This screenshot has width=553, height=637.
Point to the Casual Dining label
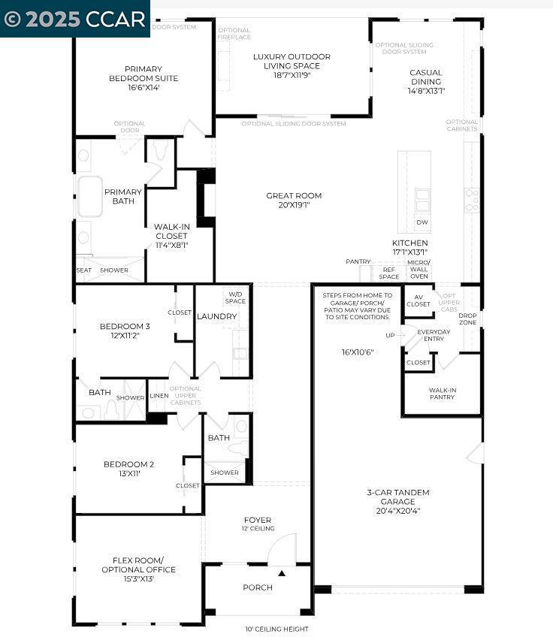[426, 77]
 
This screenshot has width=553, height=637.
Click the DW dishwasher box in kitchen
[422, 222]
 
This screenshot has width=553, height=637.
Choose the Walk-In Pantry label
[442, 393]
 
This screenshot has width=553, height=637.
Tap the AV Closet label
[419, 300]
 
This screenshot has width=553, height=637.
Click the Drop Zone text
[467, 318]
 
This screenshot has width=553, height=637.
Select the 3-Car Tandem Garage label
[398, 501]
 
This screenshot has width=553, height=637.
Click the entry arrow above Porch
[283, 573]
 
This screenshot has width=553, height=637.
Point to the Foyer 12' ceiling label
[258, 524]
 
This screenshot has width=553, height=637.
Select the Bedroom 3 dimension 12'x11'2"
[125, 335]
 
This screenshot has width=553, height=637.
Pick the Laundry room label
[216, 316]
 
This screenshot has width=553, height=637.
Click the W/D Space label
[236, 297]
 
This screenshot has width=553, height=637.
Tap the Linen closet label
[159, 396]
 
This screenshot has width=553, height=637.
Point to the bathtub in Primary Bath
[90, 197]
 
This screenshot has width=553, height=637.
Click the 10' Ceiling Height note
[276, 629]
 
